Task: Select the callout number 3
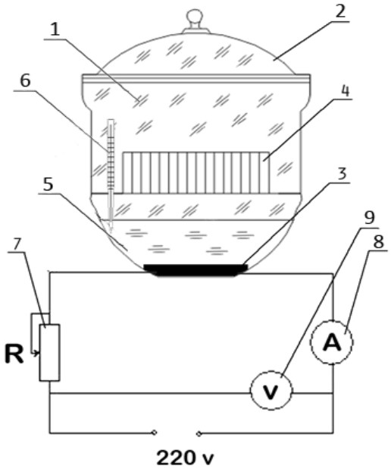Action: (343, 174)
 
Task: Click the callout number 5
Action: (48, 184)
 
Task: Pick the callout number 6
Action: (25, 80)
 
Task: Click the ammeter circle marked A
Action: (332, 342)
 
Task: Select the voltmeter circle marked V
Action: (271, 390)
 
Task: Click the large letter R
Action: (14, 353)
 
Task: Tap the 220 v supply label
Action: (185, 458)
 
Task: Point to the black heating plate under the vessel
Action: (195, 270)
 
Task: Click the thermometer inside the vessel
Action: (111, 176)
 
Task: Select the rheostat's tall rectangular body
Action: (50, 352)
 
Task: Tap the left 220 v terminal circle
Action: (154, 433)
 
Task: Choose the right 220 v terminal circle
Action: (199, 433)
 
